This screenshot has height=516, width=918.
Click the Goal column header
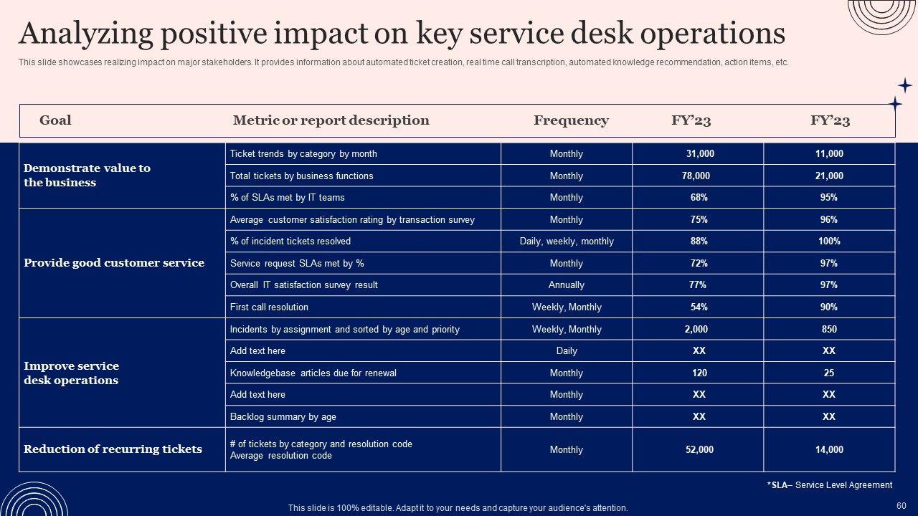(x=55, y=120)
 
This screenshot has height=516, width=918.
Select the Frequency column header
(x=571, y=120)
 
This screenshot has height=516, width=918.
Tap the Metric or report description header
(x=331, y=120)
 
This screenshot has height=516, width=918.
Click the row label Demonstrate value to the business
(x=87, y=176)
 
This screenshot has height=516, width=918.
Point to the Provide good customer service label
(x=114, y=263)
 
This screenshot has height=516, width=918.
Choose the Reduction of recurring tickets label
(x=113, y=449)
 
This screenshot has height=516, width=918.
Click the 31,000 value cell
(x=699, y=154)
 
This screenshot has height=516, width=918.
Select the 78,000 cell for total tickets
(x=696, y=176)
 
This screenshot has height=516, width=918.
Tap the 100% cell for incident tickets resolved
(x=829, y=242)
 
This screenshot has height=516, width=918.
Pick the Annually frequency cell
(x=566, y=285)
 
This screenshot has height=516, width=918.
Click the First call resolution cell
(x=269, y=307)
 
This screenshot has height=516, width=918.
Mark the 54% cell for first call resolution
(x=699, y=307)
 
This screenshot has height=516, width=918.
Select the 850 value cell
(x=829, y=330)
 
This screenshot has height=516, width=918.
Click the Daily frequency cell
(x=566, y=351)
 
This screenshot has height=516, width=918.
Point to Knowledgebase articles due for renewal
(x=313, y=373)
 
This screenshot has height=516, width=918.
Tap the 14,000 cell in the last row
(x=829, y=450)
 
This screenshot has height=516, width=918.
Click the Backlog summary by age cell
(x=283, y=417)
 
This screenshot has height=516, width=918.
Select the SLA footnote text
(x=830, y=485)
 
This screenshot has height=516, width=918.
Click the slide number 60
(x=902, y=506)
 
